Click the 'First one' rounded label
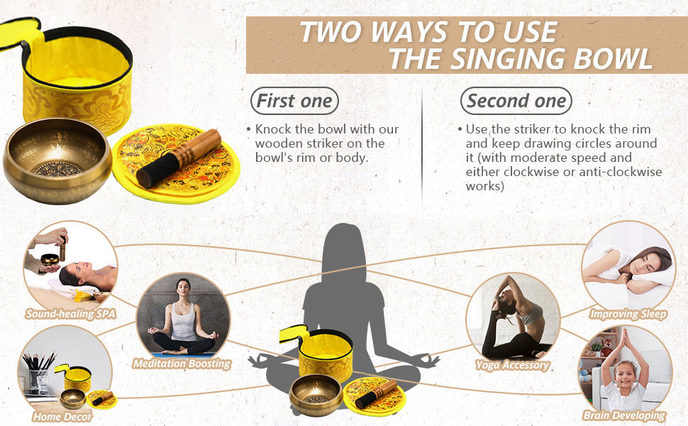pyautogui.click(x=294, y=101)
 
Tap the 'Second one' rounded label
pyautogui.click(x=516, y=101)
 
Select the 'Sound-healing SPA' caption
pyautogui.click(x=70, y=313)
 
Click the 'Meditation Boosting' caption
pyautogui.click(x=182, y=364)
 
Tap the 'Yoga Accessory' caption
pyautogui.click(x=512, y=365)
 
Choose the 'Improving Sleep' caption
pyautogui.click(x=628, y=314)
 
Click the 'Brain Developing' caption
pyautogui.click(x=624, y=415)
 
